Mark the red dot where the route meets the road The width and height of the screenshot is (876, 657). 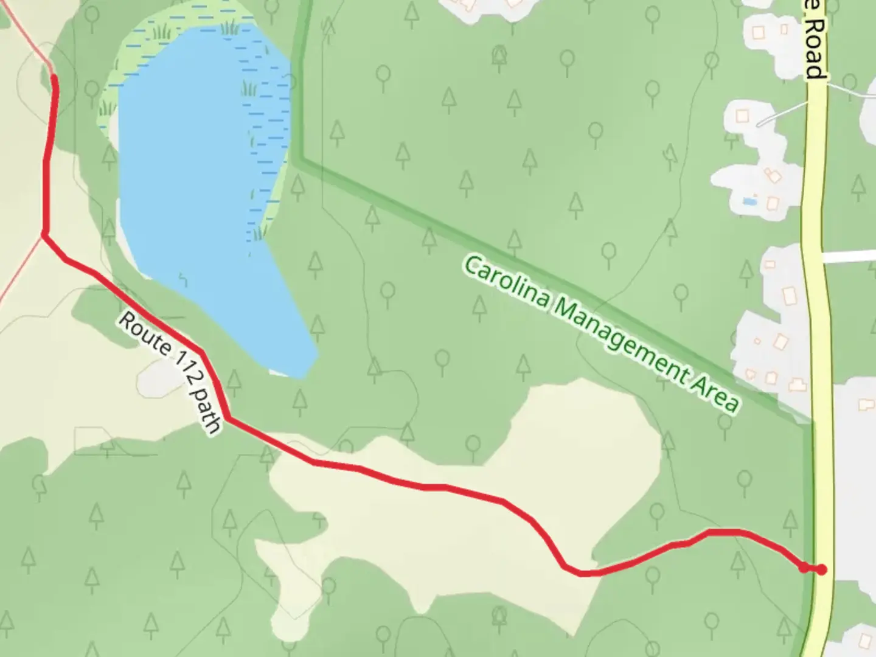821,569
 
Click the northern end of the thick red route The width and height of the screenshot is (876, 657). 54,78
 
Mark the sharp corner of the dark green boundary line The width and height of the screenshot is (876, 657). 297,160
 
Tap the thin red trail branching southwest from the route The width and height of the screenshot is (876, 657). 18,274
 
